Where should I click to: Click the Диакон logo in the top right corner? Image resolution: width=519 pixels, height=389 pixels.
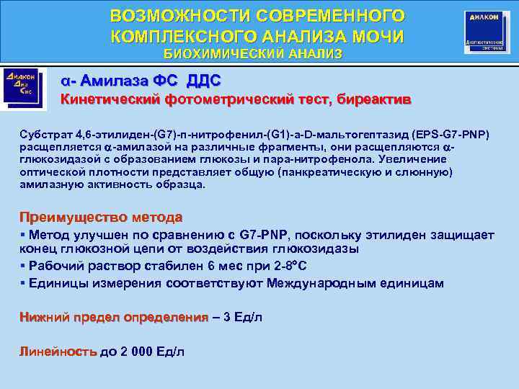click(486, 32)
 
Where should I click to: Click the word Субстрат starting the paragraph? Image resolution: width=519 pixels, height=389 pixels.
click(45, 135)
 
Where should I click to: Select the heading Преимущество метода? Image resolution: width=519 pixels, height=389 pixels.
click(100, 217)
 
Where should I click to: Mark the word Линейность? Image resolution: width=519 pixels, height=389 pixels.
click(58, 352)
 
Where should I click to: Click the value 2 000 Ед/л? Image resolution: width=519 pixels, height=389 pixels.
click(151, 352)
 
